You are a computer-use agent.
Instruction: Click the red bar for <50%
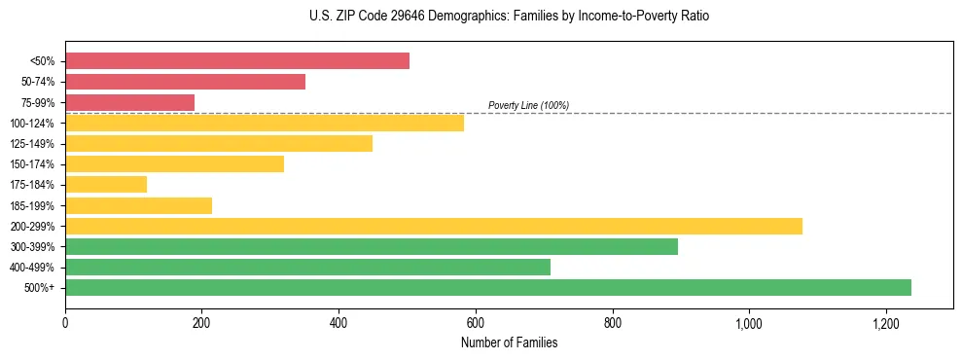click(x=237, y=61)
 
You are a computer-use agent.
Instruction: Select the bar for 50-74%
click(x=185, y=82)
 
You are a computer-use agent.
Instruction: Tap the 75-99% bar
click(x=129, y=102)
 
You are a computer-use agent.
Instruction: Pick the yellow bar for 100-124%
click(x=265, y=123)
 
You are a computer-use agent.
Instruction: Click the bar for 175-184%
click(x=106, y=184)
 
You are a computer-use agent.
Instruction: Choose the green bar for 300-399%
click(x=372, y=246)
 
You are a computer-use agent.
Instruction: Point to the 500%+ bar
click(x=488, y=287)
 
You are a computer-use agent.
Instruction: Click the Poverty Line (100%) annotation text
click(x=528, y=105)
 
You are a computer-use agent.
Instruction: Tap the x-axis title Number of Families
click(x=509, y=342)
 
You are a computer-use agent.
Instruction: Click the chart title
click(x=509, y=17)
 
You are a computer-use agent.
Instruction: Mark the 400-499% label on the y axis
click(x=32, y=268)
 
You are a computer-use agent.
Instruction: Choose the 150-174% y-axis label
click(x=32, y=164)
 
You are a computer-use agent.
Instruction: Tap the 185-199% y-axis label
click(x=32, y=205)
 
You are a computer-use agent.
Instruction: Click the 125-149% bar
click(x=219, y=143)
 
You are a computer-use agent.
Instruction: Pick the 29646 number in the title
click(x=402, y=17)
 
